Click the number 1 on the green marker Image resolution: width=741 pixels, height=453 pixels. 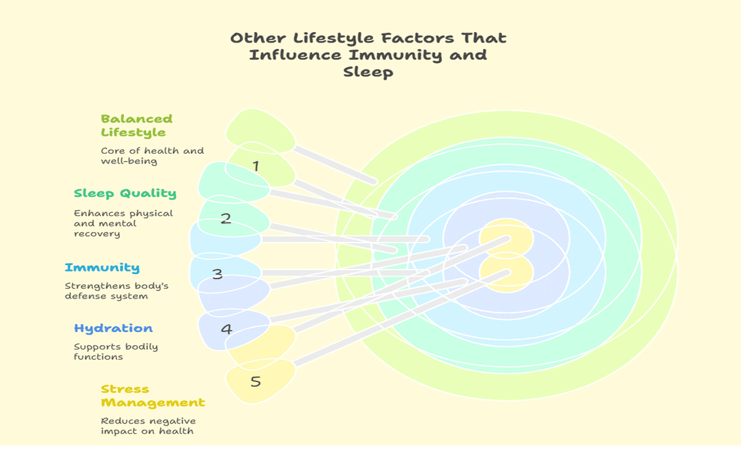[x=255, y=167]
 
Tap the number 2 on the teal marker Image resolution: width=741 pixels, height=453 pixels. [x=226, y=218]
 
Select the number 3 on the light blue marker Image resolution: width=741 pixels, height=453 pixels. [x=217, y=273]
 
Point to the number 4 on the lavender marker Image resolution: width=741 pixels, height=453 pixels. [x=226, y=329]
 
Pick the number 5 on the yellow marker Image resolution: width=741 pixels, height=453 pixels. [x=255, y=382]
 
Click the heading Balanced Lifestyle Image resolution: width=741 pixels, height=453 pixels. [x=136, y=125]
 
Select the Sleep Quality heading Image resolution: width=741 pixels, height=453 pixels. [x=125, y=194]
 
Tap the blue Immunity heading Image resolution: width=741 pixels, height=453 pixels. [x=102, y=268]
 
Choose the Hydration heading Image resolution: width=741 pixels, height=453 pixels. [x=113, y=328]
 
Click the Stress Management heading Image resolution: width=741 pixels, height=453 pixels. [x=153, y=396]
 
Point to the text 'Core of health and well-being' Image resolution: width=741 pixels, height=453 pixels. [x=152, y=156]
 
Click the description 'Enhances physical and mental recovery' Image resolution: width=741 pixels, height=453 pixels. [x=123, y=223]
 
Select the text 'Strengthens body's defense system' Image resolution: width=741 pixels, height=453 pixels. [x=116, y=291]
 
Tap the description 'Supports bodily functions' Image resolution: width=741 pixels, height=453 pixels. [x=116, y=351]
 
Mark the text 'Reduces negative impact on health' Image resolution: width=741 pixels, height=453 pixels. [x=149, y=425]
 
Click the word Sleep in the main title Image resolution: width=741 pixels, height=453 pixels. [x=368, y=72]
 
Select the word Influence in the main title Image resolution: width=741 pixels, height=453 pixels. [x=295, y=55]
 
